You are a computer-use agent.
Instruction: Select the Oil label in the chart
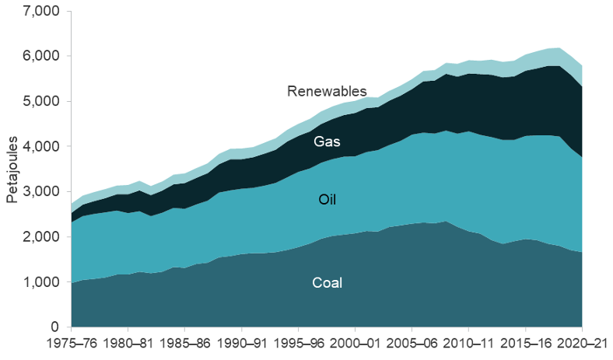pos(328,200)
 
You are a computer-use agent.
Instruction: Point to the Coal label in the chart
pos(328,282)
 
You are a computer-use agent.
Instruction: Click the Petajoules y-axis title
pos(12,169)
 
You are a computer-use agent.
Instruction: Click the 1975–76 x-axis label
pos(71,343)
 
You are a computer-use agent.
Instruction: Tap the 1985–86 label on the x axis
pos(184,343)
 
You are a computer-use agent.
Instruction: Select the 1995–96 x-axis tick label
pos(298,343)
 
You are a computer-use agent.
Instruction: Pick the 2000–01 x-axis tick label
pos(355,343)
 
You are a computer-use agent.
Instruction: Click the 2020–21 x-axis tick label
pos(581,343)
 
